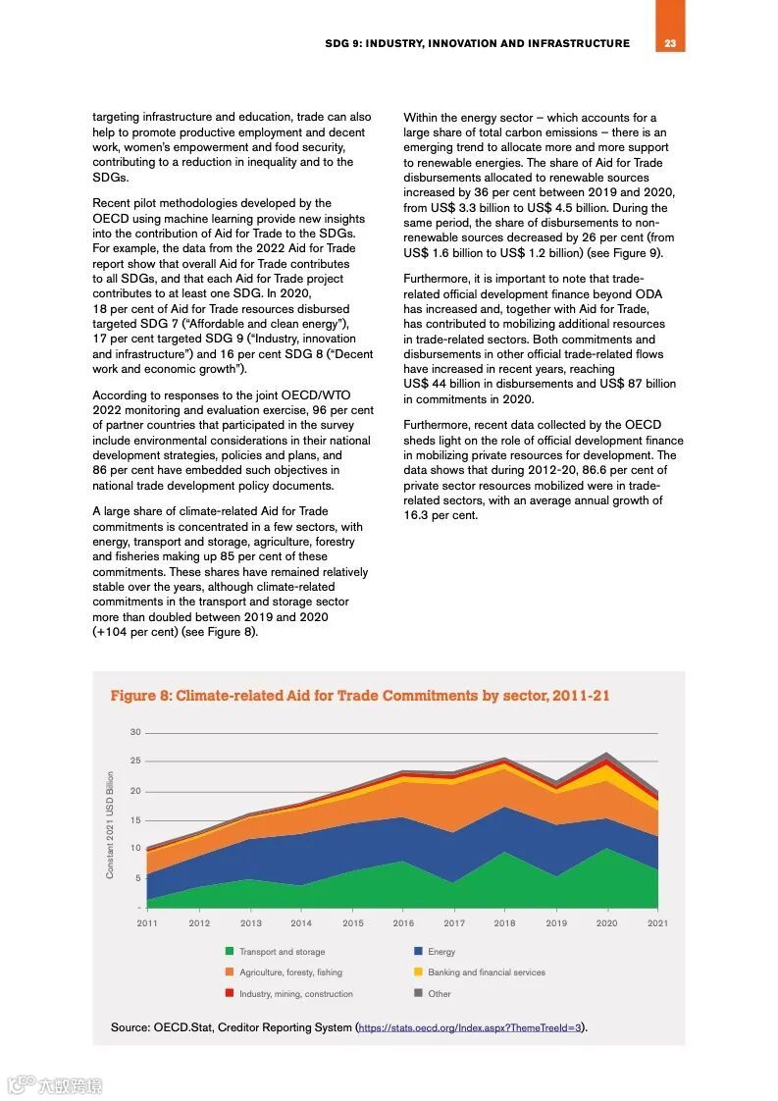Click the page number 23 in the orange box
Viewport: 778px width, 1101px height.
pos(670,43)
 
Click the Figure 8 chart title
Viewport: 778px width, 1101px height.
pos(359,696)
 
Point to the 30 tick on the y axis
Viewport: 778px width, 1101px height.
pos(135,732)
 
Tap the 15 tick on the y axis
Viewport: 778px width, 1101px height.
pos(135,820)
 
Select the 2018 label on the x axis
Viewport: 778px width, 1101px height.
pos(504,923)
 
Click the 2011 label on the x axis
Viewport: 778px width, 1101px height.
pos(147,923)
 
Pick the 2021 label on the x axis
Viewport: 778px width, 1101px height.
pos(657,923)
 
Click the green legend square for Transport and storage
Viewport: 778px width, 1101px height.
pos(230,951)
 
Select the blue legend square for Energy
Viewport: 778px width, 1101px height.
pos(418,951)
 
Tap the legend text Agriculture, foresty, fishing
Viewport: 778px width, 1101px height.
pos(290,972)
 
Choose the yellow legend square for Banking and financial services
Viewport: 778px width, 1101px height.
pos(418,972)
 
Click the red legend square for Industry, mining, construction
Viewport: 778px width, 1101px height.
pos(230,994)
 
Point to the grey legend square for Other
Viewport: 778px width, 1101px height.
pos(418,994)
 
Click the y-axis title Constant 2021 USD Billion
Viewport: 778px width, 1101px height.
pos(111,824)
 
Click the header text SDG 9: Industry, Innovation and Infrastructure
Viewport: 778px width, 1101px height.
pos(477,43)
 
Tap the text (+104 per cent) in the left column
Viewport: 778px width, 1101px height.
pos(135,632)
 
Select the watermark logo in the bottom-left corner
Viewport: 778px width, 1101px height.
pos(20,1085)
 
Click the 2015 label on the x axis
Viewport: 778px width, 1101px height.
pos(352,923)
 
